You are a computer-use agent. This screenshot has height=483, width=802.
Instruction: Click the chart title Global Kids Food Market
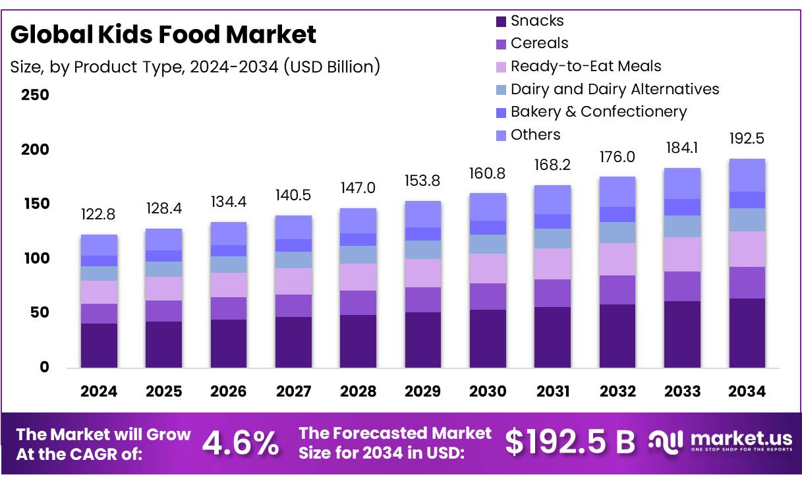point(163,34)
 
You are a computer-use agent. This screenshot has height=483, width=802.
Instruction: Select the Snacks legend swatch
point(501,22)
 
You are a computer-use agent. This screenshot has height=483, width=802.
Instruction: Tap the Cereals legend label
point(539,43)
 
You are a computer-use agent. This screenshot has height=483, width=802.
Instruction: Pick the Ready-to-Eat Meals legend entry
point(585,66)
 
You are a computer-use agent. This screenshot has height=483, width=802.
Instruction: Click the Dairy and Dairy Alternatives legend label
point(614,89)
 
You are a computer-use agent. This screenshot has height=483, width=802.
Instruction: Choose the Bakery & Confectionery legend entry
point(598,112)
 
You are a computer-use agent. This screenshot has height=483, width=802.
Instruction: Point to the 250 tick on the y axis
point(35,95)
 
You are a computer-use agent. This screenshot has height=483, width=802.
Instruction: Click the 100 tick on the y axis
point(35,258)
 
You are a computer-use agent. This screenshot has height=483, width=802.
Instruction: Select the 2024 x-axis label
point(99,391)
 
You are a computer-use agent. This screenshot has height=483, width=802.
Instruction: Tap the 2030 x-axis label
point(488,391)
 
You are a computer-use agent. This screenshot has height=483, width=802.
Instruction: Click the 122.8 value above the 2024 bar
point(99,214)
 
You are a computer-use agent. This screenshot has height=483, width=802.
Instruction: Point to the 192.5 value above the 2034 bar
point(747,139)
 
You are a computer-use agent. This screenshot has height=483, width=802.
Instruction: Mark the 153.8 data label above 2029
point(422,181)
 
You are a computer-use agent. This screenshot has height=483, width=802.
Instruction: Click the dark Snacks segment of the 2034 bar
point(747,333)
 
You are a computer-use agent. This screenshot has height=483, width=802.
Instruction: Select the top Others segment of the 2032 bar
point(617,191)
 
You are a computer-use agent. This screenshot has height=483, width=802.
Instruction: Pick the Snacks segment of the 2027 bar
point(293,342)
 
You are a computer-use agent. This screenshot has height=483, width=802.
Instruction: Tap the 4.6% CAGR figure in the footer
point(240,443)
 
